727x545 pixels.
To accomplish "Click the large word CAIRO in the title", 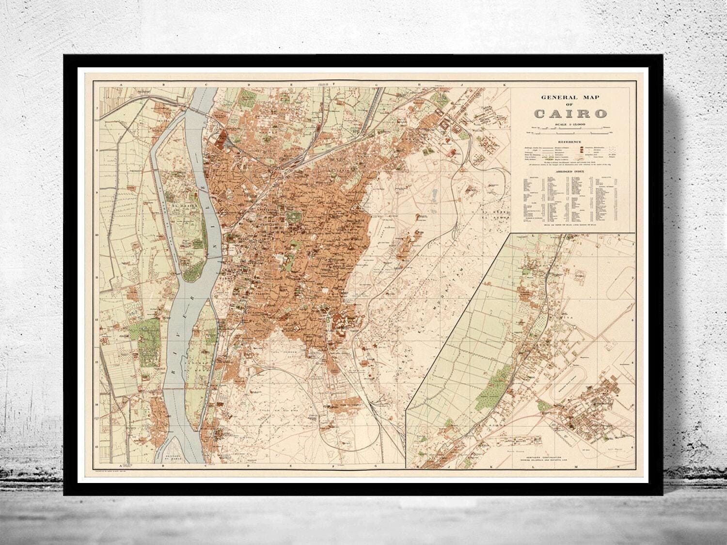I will [570, 114].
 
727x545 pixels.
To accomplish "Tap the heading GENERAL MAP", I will [570, 97].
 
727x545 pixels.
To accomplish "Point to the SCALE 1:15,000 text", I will [570, 125].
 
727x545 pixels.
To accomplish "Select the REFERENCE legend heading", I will [570, 141].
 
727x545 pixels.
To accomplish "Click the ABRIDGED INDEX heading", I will [570, 171].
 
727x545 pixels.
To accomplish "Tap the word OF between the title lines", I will [570, 105].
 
